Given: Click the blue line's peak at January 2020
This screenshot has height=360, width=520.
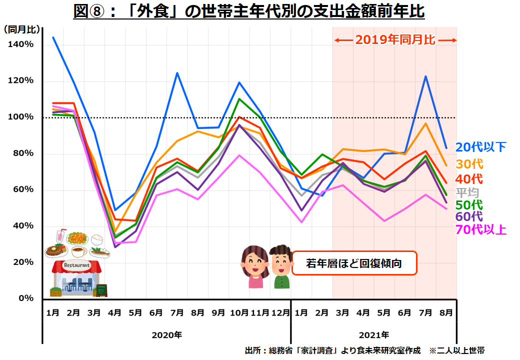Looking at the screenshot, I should click(53, 37).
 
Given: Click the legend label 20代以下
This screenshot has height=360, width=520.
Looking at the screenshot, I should click(480, 146).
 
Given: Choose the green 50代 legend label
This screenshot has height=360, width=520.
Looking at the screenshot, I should click(469, 205).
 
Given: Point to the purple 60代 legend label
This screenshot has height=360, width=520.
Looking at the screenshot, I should click(469, 217).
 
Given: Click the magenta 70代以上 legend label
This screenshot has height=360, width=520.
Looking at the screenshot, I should click(480, 229).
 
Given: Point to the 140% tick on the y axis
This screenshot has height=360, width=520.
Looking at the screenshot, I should click(21, 44).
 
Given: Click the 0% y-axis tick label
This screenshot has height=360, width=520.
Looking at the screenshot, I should click(25, 298).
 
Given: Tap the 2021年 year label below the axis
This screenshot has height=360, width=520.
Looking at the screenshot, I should click(373, 334).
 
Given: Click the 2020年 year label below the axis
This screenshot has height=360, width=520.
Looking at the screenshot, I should click(166, 334).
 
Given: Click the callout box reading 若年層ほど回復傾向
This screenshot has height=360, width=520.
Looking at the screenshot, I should click(354, 263).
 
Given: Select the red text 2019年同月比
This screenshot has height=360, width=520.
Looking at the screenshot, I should click(395, 40).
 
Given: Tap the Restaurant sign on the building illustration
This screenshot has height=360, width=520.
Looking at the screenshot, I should click(77, 265).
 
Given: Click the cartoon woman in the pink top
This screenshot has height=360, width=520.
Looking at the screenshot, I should click(255, 267).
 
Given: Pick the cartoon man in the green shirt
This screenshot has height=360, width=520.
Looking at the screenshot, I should click(281, 267).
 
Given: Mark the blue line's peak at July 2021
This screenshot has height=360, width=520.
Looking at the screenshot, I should click(425, 76).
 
